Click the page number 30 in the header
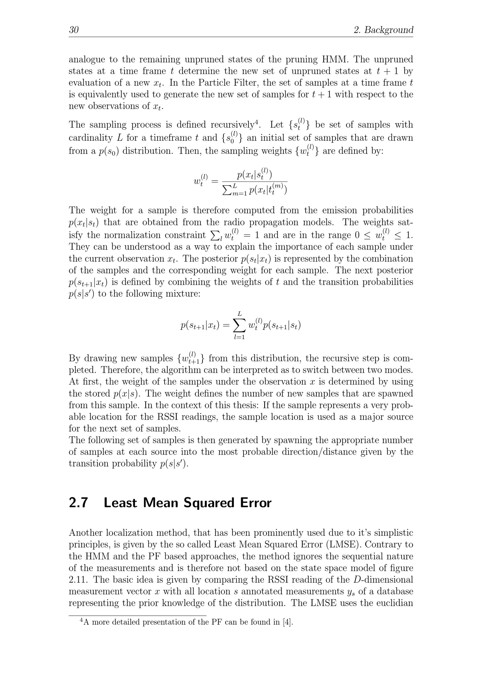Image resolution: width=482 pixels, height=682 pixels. (x=74, y=30)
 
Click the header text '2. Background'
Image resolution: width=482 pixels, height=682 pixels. (x=383, y=30)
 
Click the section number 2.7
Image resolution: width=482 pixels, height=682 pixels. (x=78, y=503)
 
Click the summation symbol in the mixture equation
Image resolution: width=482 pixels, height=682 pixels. (x=239, y=326)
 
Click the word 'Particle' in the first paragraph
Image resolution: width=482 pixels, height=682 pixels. (x=213, y=83)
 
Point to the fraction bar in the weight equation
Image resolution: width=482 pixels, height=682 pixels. (x=254, y=182)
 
